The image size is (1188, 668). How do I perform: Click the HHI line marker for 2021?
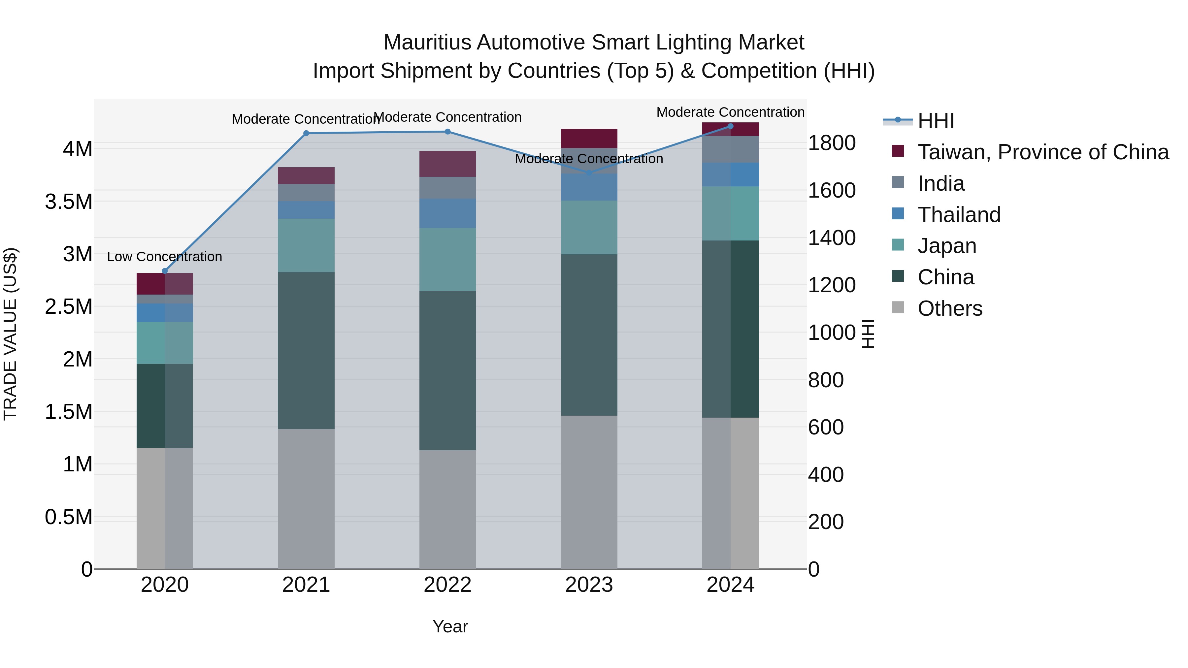(306, 133)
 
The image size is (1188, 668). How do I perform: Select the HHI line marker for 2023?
(589, 173)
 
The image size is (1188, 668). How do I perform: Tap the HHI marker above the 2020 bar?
(165, 271)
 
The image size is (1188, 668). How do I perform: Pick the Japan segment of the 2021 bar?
(306, 245)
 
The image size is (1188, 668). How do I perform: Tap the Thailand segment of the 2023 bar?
(589, 187)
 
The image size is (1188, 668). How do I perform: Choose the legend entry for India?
(940, 183)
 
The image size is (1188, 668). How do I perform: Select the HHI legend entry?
(935, 121)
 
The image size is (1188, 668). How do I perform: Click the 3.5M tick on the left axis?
(69, 202)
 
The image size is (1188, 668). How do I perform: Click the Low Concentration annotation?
(165, 257)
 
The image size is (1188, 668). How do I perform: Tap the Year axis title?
(450, 626)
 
